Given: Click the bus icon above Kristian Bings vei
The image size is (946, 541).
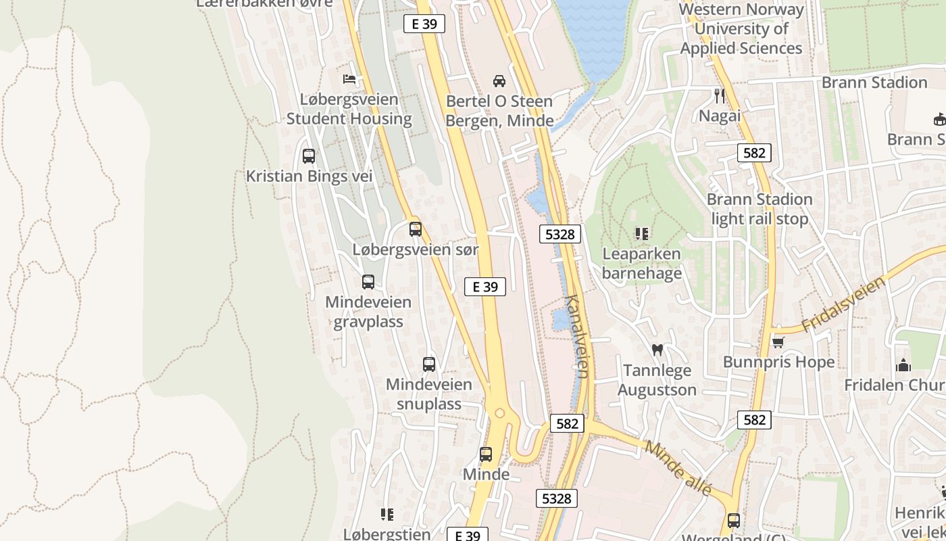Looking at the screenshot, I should [309, 156].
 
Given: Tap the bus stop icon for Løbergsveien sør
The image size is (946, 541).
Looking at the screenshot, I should [416, 229].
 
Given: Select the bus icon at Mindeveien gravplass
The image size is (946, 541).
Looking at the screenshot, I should [368, 282].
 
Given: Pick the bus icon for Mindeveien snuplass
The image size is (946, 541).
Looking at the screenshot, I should [429, 364].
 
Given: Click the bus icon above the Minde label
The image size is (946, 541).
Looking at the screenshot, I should [486, 454].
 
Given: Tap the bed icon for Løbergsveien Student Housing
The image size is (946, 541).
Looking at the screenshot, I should [349, 80].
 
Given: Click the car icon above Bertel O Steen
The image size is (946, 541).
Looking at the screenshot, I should [499, 81].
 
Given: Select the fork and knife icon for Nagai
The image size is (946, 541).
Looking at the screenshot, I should [720, 96].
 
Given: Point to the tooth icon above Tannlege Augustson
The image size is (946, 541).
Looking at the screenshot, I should [656, 350].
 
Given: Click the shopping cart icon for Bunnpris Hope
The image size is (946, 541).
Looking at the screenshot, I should [778, 342].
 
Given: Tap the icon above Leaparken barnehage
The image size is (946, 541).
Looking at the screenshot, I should [642, 234].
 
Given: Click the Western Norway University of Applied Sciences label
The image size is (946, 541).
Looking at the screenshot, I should [741, 29].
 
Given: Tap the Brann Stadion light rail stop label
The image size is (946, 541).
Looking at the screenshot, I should [760, 209].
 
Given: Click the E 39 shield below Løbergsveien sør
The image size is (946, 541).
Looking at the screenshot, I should [485, 287].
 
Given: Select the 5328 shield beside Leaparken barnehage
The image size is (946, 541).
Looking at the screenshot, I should [560, 234].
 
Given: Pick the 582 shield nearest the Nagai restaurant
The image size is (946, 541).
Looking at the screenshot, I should [754, 153].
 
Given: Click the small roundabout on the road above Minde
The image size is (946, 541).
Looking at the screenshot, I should [499, 413].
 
